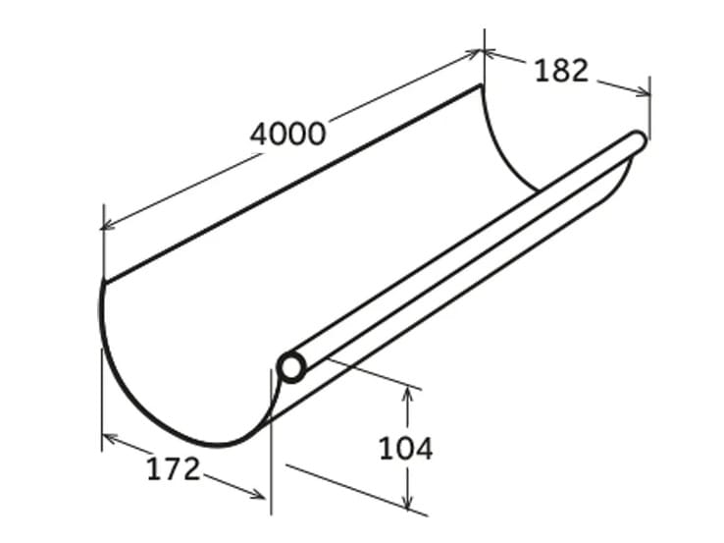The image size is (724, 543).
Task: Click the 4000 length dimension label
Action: pos(287,133)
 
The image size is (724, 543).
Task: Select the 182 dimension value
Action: pos(561,70)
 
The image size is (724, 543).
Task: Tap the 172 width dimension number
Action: pos(174,468)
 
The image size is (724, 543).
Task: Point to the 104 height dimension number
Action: pos(405,449)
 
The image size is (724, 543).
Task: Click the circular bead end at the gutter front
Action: pos(290,367)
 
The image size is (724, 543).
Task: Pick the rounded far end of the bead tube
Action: pos(639,141)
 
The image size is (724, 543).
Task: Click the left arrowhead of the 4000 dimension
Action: pos(107,226)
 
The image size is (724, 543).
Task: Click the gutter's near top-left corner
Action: pos(103,281)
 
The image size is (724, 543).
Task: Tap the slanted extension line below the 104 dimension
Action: pos(353,485)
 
